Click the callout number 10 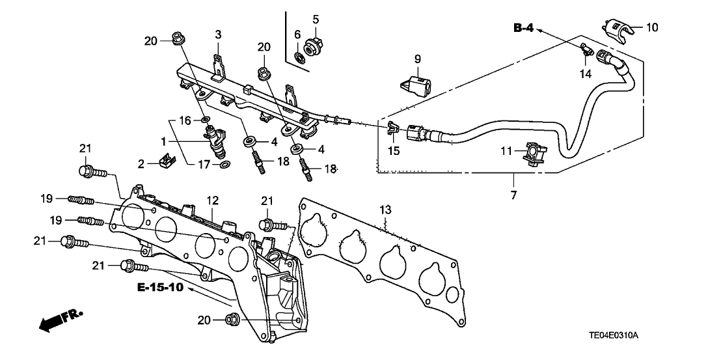click(x=652, y=27)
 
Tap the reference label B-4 click(x=524, y=27)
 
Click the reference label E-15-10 click(x=161, y=287)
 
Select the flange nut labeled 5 click(x=312, y=47)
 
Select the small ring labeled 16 click(x=206, y=120)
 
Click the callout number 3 click(x=219, y=34)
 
